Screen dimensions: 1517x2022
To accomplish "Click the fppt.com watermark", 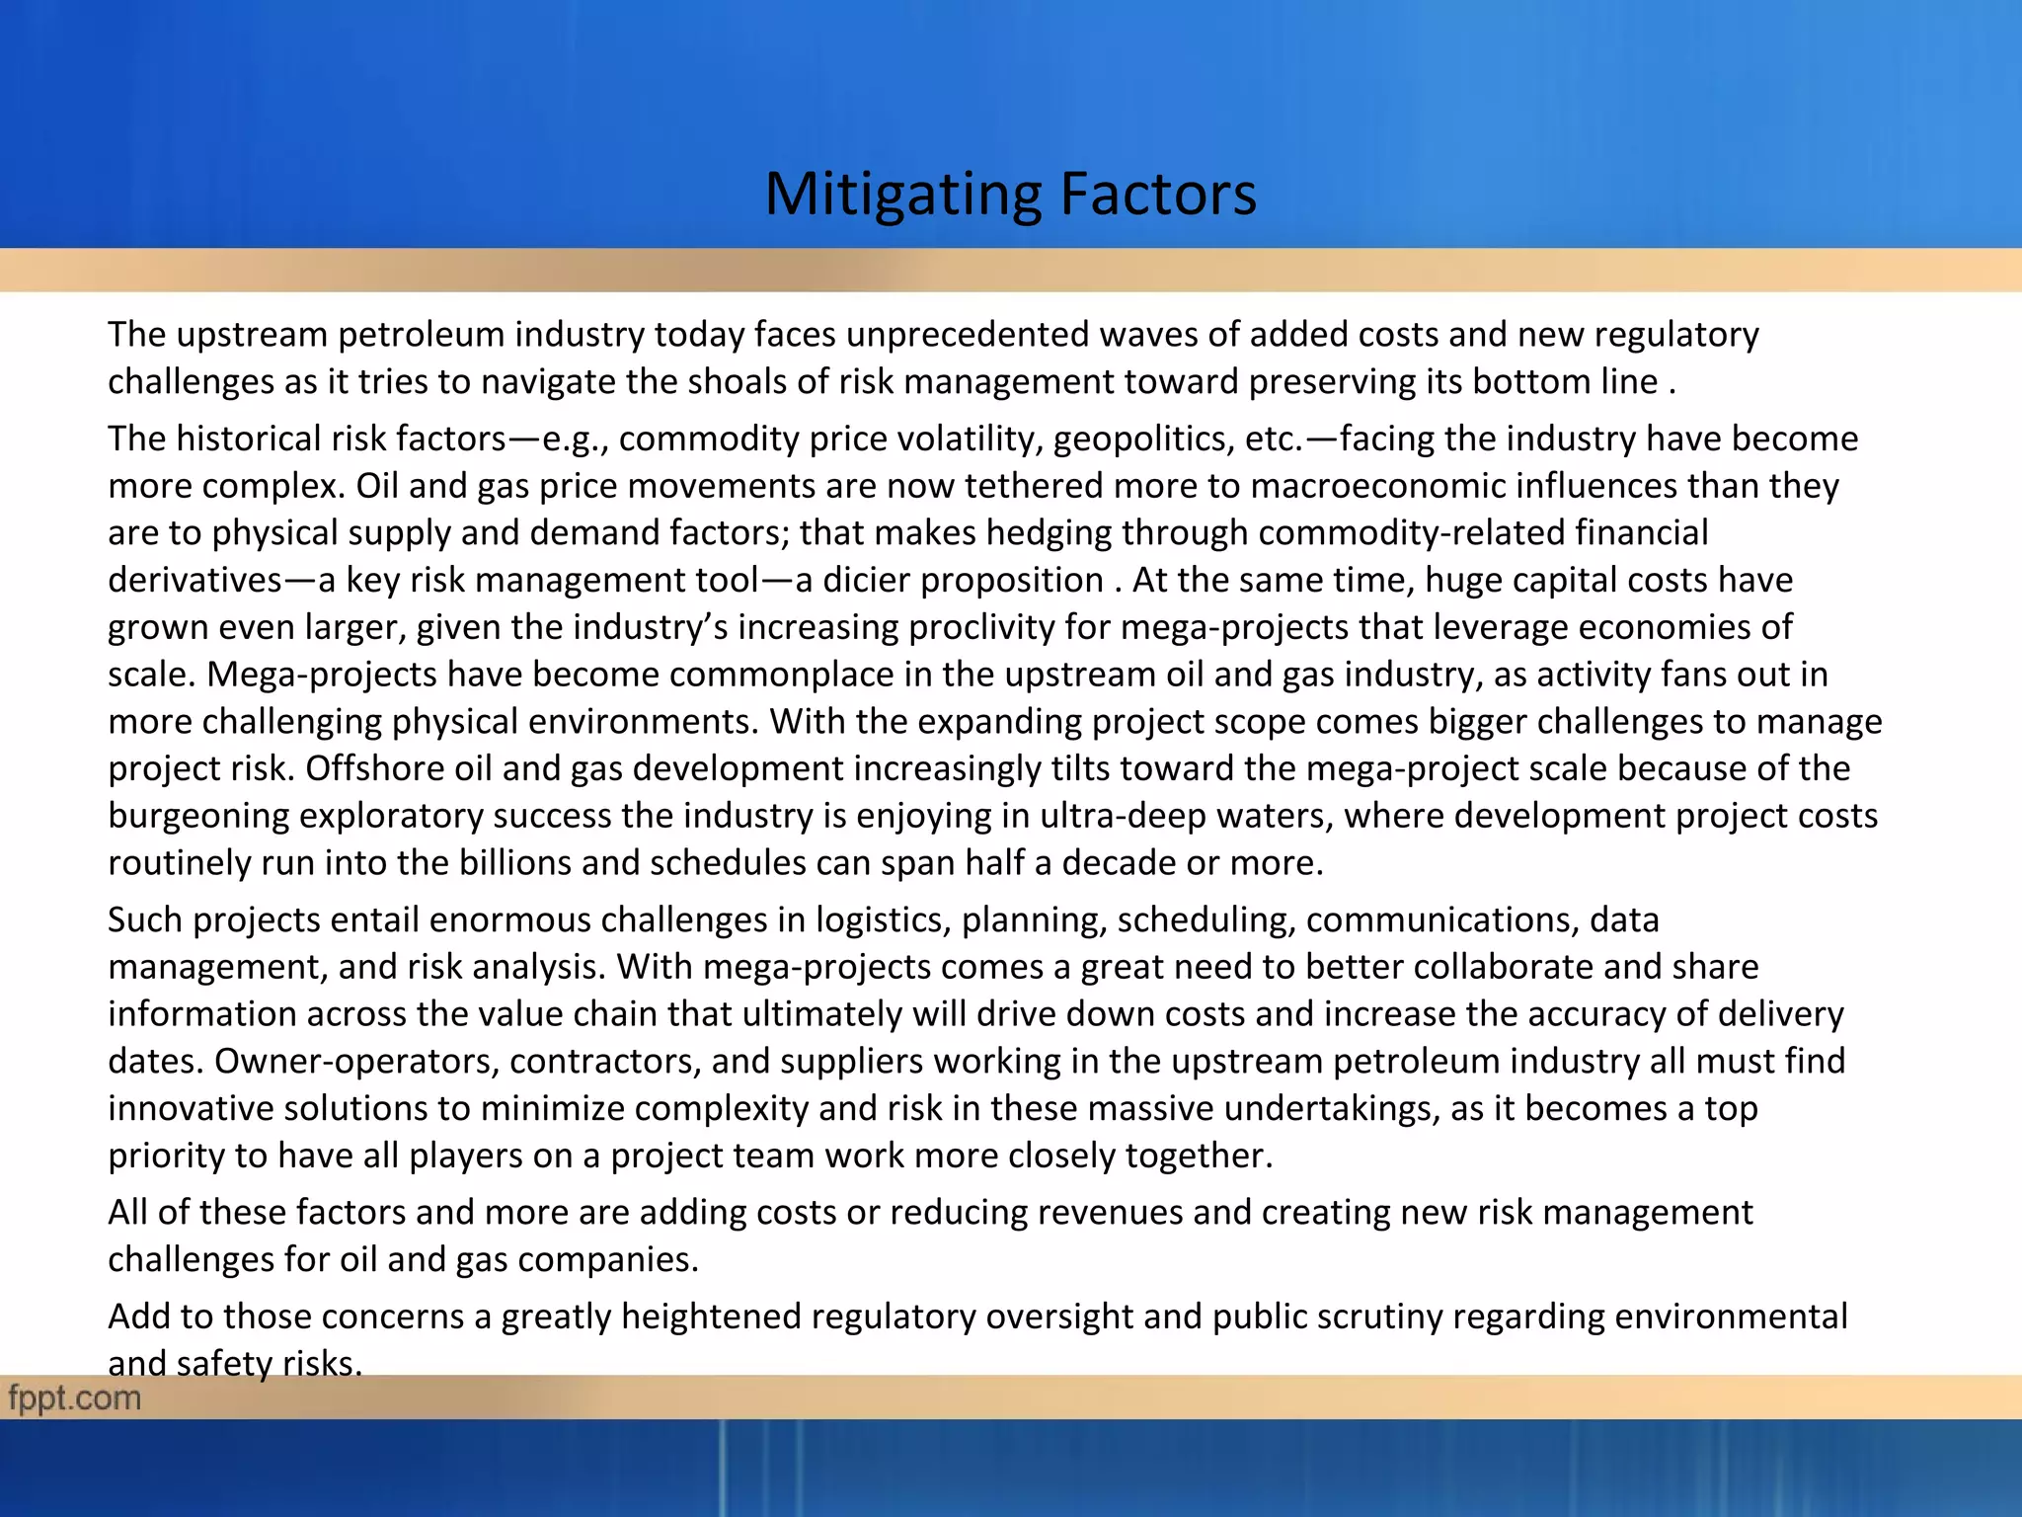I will pyautogui.click(x=75, y=1397).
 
